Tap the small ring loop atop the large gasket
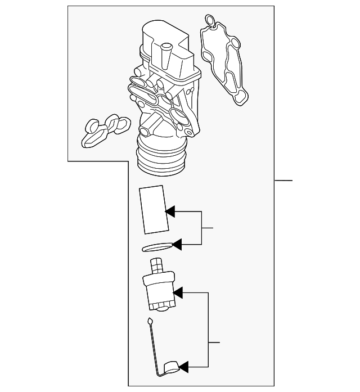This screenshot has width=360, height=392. point(209,21)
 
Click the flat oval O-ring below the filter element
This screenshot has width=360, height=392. point(157,246)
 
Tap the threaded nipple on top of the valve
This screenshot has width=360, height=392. point(156,266)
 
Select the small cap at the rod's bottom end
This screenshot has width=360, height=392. point(170,368)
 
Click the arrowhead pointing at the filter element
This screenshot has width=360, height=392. point(170,211)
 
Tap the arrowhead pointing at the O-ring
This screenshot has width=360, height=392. point(177,245)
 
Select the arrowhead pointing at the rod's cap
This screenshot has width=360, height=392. point(183,368)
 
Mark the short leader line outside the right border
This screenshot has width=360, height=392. point(284,181)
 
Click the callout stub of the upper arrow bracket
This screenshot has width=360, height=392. point(208,228)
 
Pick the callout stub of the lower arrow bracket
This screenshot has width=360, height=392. point(214,342)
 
